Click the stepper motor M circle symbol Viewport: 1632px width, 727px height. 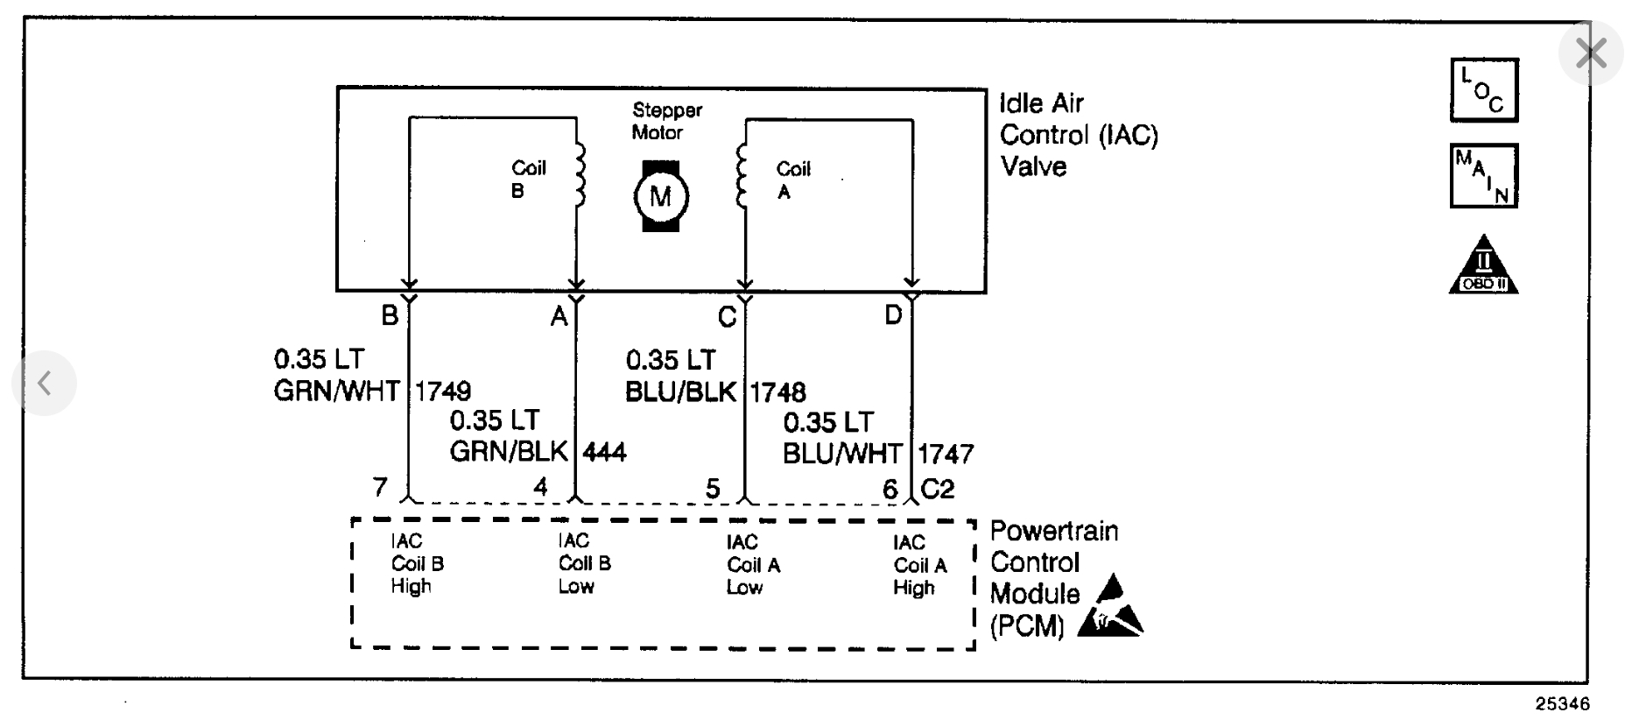[661, 196]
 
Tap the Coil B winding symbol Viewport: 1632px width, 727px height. [578, 175]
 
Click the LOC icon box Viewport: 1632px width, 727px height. [1484, 90]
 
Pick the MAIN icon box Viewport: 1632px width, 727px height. [1484, 175]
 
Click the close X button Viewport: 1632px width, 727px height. [1590, 53]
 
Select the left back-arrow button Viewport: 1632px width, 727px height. [45, 383]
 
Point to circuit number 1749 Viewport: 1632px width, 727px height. [442, 391]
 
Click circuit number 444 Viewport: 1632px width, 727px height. [604, 452]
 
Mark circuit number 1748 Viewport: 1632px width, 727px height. [777, 392]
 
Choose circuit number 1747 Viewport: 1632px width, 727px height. [946, 454]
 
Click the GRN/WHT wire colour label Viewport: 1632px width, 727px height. [337, 391]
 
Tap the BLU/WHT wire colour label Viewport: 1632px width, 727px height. [842, 454]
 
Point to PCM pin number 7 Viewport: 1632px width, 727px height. [380, 487]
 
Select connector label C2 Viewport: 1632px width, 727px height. [937, 489]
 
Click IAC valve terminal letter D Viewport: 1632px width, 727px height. [893, 315]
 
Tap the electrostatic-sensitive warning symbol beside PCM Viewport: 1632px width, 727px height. [1111, 606]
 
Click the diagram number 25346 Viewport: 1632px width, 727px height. [1562, 704]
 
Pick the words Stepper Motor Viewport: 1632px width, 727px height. [666, 122]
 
